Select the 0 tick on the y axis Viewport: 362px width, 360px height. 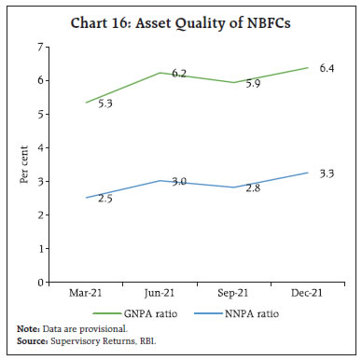click(65, 282)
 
